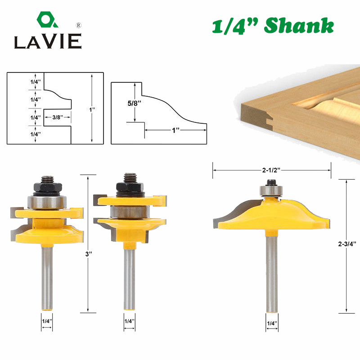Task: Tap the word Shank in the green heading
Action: [299, 27]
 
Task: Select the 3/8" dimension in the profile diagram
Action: [57, 117]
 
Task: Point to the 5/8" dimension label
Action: [127, 103]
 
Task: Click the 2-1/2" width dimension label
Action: [272, 171]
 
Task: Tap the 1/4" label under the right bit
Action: [272, 323]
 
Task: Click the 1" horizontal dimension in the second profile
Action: [175, 130]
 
